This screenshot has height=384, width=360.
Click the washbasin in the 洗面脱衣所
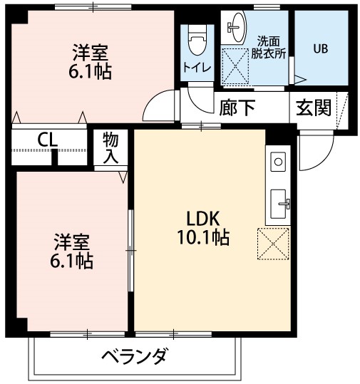pyautogui.click(x=235, y=28)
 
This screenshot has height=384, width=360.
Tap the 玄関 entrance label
pyautogui.click(x=314, y=108)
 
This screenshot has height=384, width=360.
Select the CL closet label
pyautogui.click(x=48, y=140)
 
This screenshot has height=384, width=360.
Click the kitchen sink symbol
pyautogui.click(x=279, y=201)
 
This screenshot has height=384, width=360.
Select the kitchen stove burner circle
pyautogui.click(x=277, y=161)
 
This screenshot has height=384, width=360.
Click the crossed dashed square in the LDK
pyautogui.click(x=274, y=244)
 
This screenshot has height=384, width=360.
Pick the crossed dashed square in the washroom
pyautogui.click(x=236, y=63)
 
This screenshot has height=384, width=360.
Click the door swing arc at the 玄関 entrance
pyautogui.click(x=315, y=153)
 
